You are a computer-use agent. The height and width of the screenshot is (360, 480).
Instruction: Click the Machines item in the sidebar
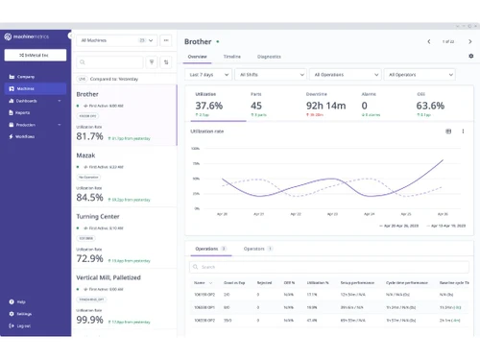(28, 87)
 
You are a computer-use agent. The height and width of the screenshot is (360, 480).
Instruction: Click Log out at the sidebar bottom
(24, 326)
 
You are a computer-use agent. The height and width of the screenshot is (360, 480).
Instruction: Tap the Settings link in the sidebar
(25, 314)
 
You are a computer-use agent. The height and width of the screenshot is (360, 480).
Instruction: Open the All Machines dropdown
(116, 41)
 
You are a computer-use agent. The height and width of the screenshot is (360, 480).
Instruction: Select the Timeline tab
(232, 57)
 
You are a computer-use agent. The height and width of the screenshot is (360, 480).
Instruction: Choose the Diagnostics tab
(269, 57)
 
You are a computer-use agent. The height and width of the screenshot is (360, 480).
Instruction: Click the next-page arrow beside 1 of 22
(468, 41)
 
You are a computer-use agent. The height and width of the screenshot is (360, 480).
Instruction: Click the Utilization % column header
(318, 283)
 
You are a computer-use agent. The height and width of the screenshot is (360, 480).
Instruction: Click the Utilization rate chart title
(208, 131)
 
